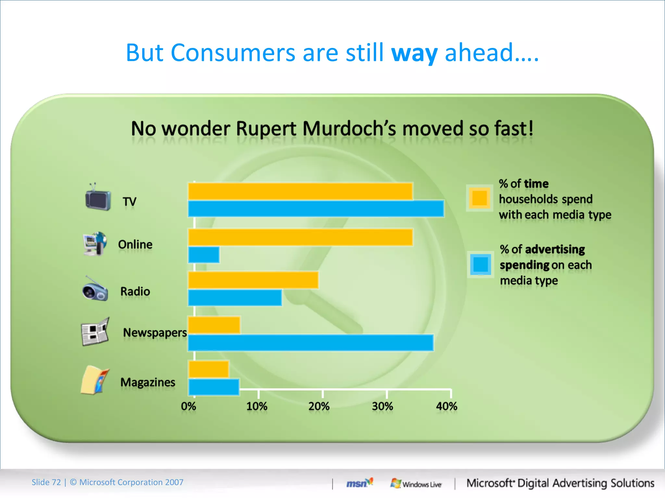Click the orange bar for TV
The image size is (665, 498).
[300, 191]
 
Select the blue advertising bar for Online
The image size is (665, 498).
[204, 255]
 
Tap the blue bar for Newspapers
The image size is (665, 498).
[311, 343]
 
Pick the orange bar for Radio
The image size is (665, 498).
[253, 280]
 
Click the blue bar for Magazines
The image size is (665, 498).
[214, 387]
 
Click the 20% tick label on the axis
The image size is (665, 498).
[319, 406]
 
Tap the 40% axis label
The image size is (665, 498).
[446, 406]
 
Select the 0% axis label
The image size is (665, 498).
[189, 406]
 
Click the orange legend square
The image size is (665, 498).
[480, 198]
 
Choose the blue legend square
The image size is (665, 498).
[481, 264]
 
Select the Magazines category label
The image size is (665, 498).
[148, 382]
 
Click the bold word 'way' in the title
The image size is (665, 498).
[414, 53]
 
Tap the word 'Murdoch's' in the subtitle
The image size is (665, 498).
[349, 129]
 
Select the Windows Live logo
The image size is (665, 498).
[416, 483]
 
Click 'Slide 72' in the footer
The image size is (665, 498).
[46, 482]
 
